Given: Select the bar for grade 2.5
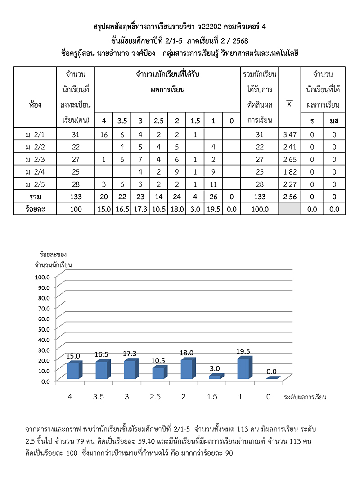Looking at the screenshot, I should point(158,373).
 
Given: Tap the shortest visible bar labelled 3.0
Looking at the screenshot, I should point(216,377).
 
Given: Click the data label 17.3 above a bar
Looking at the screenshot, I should point(130,353).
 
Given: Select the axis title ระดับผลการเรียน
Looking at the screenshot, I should point(305,397).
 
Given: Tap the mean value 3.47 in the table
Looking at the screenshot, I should point(289,135).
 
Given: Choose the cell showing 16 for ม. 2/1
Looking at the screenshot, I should point(104,135).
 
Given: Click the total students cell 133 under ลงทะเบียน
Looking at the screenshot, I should point(76,197).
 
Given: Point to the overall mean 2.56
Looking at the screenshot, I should point(289,197).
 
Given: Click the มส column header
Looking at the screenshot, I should point(333,121).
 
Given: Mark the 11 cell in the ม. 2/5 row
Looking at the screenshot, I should point(213,184).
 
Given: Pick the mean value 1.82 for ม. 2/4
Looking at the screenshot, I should point(289,172).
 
